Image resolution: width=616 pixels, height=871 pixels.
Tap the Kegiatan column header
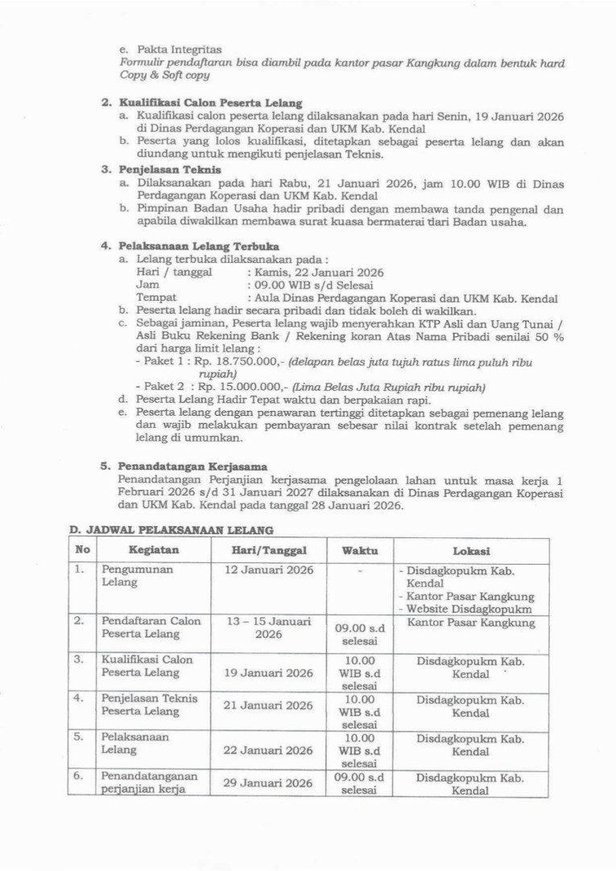[153, 551]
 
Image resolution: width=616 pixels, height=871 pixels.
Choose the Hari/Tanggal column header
[268, 551]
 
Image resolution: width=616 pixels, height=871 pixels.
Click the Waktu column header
[360, 551]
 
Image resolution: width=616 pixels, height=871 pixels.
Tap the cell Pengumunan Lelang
[127, 576]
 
